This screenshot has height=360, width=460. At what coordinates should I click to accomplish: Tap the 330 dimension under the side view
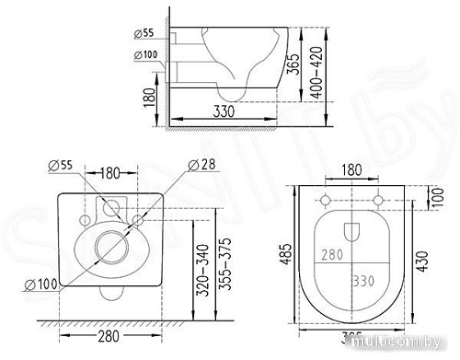click(x=224, y=111)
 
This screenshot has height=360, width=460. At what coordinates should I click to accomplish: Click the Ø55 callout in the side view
click(x=144, y=34)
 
